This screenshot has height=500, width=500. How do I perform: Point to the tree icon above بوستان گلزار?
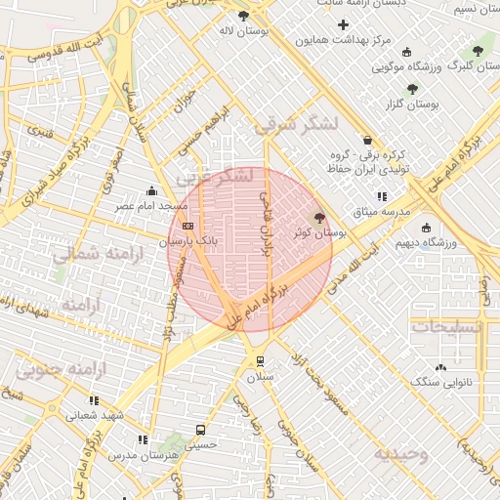click(412, 88)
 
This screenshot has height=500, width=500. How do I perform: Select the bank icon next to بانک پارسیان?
click(187, 226)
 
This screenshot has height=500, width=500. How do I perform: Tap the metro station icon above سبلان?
click(260, 361)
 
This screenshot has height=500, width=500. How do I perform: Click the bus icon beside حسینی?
click(201, 430)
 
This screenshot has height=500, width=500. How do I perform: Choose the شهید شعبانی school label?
click(96, 415)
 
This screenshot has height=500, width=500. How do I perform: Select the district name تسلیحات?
click(447, 327)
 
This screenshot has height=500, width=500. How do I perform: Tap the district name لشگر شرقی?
click(296, 125)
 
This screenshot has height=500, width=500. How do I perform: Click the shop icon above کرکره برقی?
click(367, 141)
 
